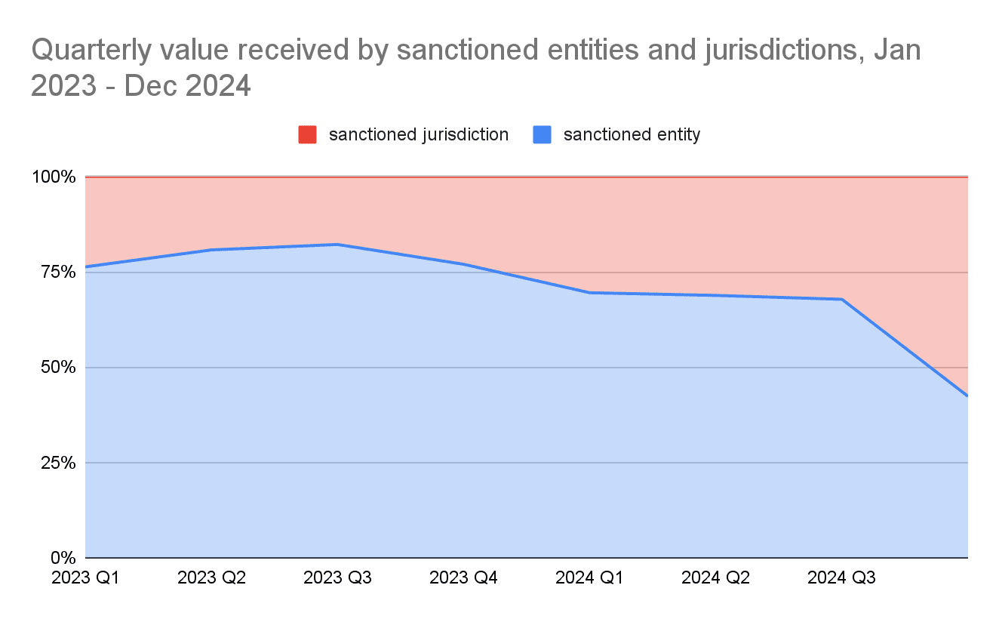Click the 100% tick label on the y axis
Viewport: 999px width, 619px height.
(x=53, y=177)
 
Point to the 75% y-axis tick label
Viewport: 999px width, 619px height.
(x=57, y=273)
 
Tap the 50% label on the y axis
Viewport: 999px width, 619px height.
(x=57, y=368)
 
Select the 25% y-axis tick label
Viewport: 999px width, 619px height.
(x=57, y=463)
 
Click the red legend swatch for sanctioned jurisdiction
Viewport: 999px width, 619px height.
(x=308, y=135)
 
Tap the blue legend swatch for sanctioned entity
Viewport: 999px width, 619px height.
(x=543, y=135)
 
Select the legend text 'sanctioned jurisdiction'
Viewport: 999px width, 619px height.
(x=419, y=135)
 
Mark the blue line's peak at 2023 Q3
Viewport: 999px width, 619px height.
(x=337, y=245)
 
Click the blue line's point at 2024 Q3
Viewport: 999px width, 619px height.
(x=841, y=300)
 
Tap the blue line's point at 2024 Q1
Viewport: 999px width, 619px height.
(x=589, y=293)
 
